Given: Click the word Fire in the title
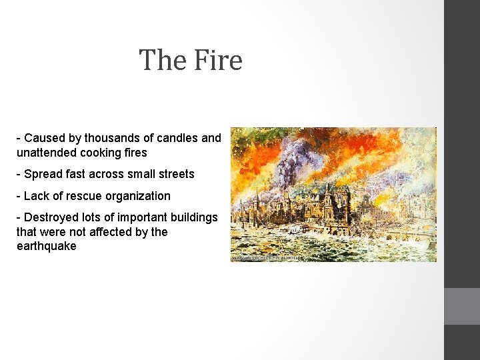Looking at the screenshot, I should [x=217, y=60].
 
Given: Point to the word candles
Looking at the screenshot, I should [x=177, y=138].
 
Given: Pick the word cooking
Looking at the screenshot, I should [x=102, y=152].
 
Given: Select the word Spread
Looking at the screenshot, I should [x=41, y=174].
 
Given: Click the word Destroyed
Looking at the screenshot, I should [x=51, y=218].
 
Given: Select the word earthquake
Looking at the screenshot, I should [x=47, y=246].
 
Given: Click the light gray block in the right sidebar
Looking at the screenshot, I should [x=462, y=306].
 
